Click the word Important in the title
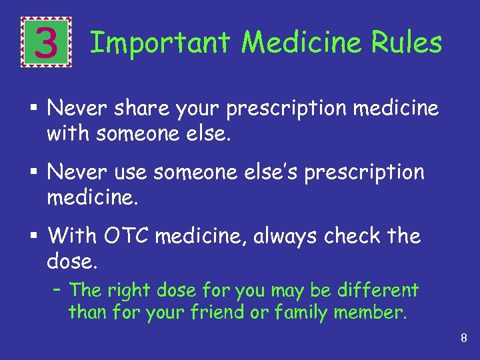coord(160,43)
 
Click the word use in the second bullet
coord(132,173)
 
